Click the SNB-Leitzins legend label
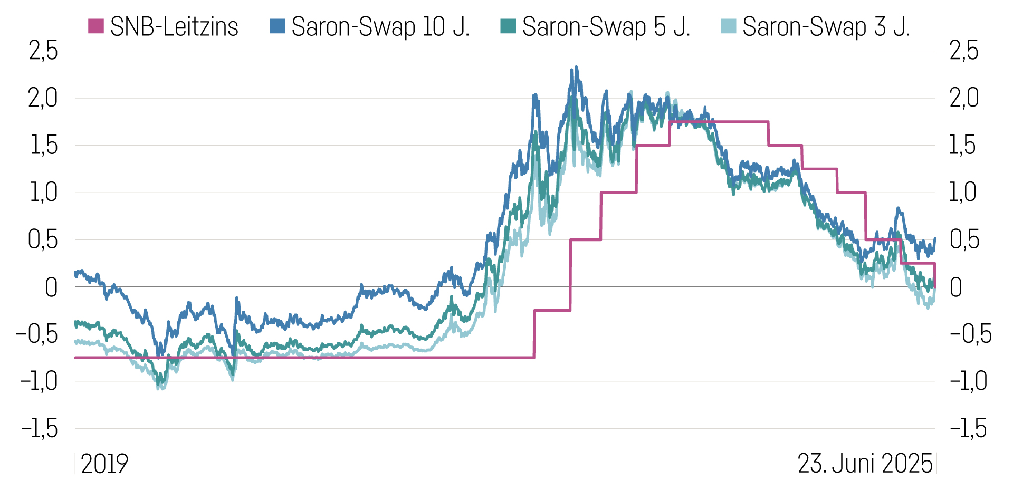[174, 27]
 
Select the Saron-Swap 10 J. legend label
[380, 27]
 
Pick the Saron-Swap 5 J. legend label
[606, 27]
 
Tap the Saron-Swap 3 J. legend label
[826, 27]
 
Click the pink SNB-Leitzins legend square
[95, 26]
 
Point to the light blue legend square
[728, 26]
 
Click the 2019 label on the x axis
[104, 464]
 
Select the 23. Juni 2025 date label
[865, 464]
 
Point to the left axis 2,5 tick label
[43, 51]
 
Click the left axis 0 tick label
[51, 287]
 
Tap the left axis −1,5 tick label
[40, 429]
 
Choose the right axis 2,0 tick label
[964, 98]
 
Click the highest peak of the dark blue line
[576, 67]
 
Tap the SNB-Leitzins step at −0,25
[552, 310]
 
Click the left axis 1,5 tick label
[44, 146]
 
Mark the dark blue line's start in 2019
[76, 273]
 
